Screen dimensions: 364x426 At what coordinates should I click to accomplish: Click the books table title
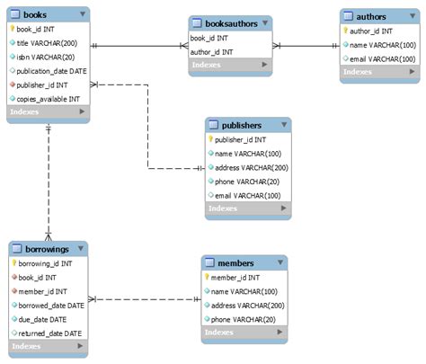coord(36,14)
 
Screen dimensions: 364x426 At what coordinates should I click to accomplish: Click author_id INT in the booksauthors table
coord(212,52)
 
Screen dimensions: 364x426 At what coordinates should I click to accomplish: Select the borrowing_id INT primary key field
coord(49,263)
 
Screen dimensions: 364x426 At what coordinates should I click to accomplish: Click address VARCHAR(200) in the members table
coord(245,306)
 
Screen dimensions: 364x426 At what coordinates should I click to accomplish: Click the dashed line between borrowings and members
coord(144,298)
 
